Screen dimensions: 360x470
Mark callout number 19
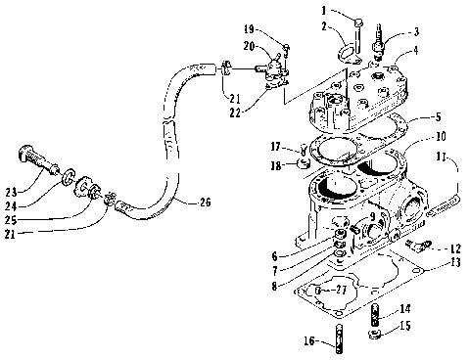point(276,31)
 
